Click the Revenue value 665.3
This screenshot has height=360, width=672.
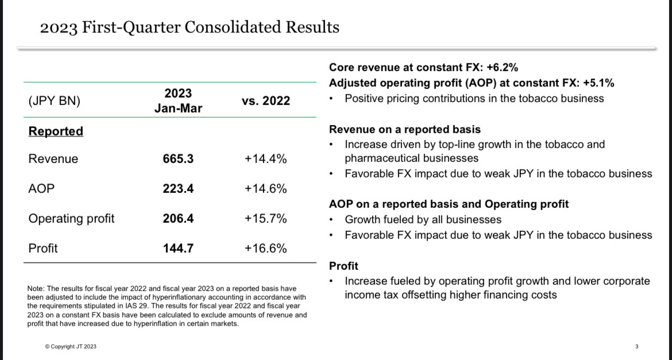tap(178, 159)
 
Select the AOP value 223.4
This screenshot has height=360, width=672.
tap(178, 188)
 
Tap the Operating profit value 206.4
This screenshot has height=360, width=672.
tap(178, 219)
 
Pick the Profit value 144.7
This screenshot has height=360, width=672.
tap(178, 248)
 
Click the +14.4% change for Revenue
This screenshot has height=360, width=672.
tap(266, 159)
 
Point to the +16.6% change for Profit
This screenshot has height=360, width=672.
tap(266, 248)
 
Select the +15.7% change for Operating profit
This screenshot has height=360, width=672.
tap(266, 219)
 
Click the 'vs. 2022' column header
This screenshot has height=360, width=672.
tap(266, 100)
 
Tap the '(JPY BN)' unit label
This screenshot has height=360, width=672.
tap(55, 101)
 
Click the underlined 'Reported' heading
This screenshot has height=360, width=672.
tap(56, 131)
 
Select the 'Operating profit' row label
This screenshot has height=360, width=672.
tap(71, 219)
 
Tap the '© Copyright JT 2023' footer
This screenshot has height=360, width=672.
tap(71, 346)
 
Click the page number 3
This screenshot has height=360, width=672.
tap(637, 346)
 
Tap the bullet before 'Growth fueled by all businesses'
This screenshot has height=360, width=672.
tap(331, 220)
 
